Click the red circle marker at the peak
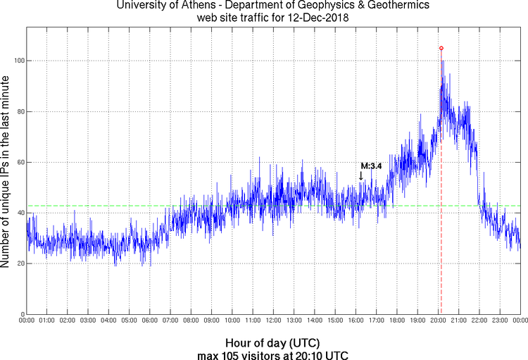[441, 48]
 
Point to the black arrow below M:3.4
[361, 176]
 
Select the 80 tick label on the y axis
[19, 111]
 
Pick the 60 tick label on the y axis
[19, 162]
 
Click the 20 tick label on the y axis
[19, 263]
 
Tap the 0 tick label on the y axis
[21, 314]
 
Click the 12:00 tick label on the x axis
[273, 321]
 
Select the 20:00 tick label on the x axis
[438, 321]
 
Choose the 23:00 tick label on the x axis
[500, 321]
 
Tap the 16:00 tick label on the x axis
[356, 321]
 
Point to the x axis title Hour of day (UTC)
[273, 342]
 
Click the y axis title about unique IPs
[6, 173]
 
